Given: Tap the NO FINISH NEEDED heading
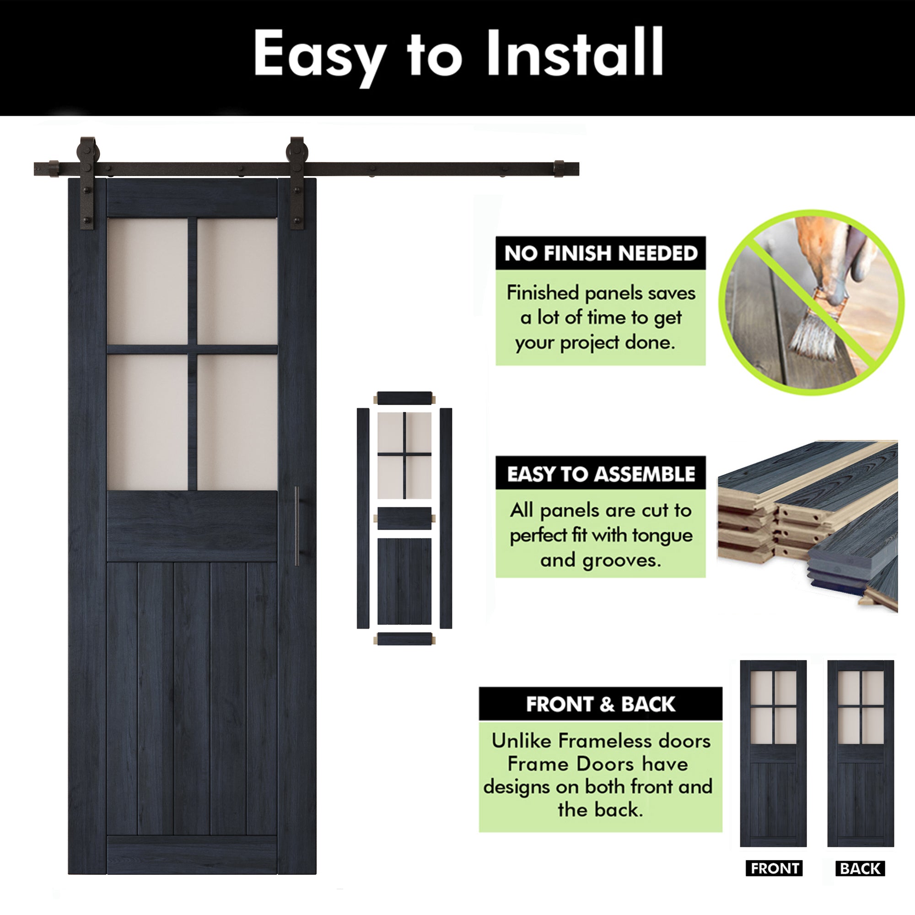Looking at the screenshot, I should pyautogui.click(x=601, y=253).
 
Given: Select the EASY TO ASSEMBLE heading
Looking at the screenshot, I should pyautogui.click(x=601, y=474).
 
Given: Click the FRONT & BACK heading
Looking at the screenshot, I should pyautogui.click(x=601, y=704).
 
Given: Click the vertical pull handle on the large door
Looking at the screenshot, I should pyautogui.click(x=297, y=526).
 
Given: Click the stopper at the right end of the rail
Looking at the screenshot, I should pyautogui.click(x=560, y=169).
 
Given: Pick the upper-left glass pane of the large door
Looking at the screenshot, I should pyautogui.click(x=148, y=281).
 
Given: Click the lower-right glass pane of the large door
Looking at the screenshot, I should pyautogui.click(x=237, y=421).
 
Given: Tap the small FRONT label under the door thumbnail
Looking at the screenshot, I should pyautogui.click(x=775, y=868).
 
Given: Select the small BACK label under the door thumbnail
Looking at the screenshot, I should pyautogui.click(x=860, y=869).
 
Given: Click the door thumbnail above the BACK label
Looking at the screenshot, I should pyautogui.click(x=861, y=753).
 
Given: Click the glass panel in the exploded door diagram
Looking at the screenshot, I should pyautogui.click(x=404, y=455).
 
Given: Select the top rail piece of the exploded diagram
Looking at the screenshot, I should pyautogui.click(x=404, y=398).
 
